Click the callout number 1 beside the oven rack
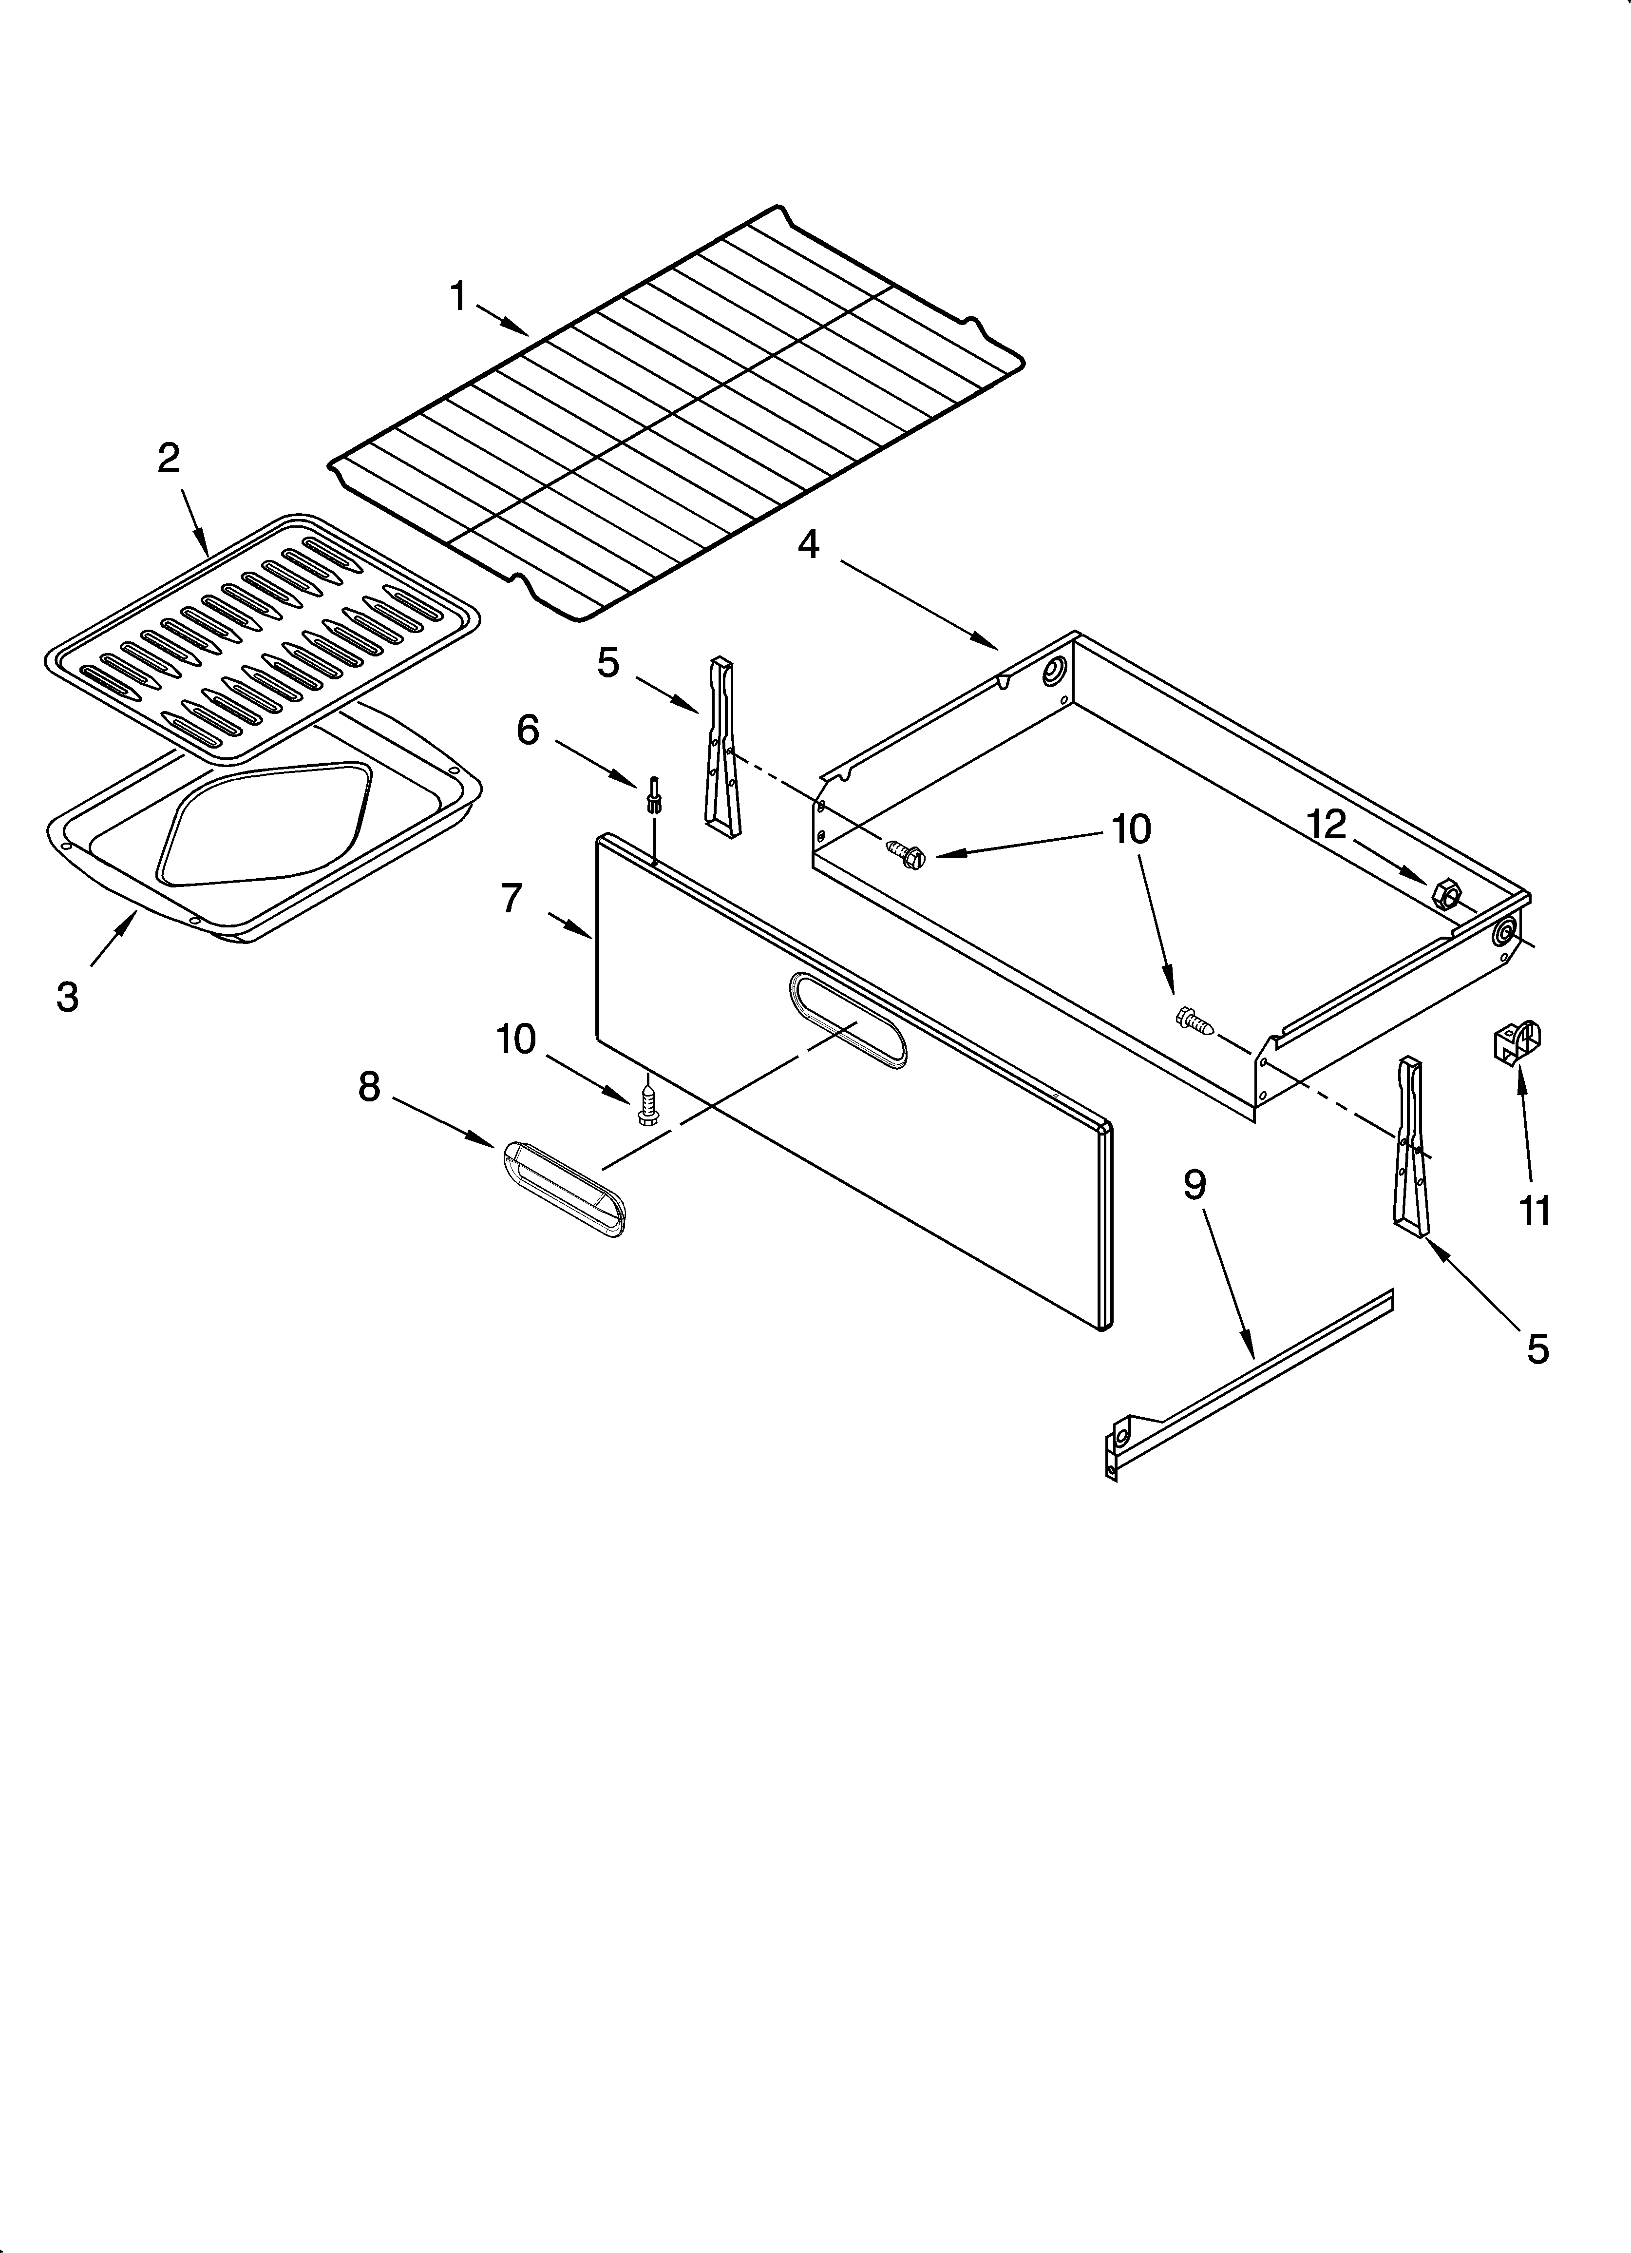pos(458,296)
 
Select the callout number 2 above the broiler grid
pos(169,458)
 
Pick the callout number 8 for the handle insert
pos(368,1087)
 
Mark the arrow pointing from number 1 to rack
pos(503,320)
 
